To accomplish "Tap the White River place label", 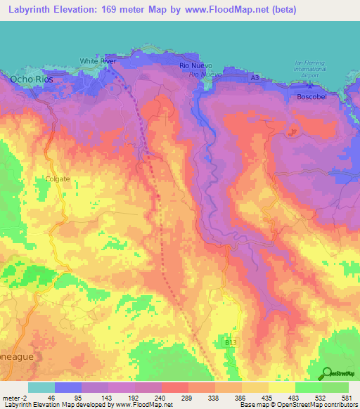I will (98, 62).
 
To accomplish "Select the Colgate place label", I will (58, 178).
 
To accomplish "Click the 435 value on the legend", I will (268, 398).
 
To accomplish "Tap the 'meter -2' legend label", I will (13, 398).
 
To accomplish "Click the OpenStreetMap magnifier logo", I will (327, 372).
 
